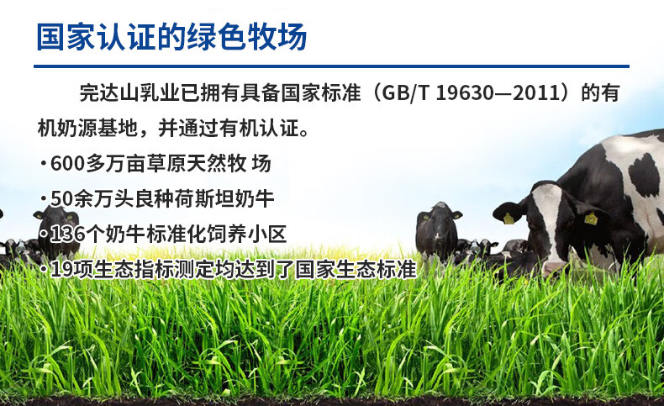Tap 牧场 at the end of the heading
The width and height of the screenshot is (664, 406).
coord(277,37)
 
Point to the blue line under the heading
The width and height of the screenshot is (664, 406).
coord(331,66)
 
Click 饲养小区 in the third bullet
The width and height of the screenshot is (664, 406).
coord(246,234)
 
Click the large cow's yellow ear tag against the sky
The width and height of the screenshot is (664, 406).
coord(509,219)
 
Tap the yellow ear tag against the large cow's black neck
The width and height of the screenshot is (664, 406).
coord(591,218)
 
